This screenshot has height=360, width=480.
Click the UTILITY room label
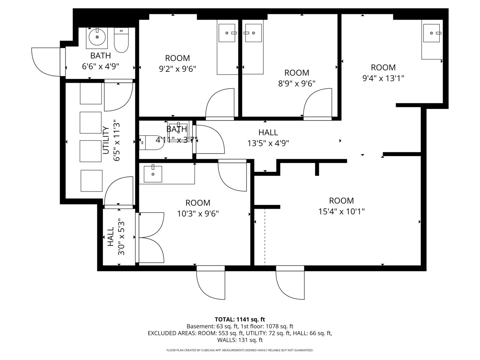click(x=106, y=140)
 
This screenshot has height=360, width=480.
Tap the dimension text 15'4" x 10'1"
click(x=341, y=212)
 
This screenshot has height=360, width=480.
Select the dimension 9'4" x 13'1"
click(x=383, y=78)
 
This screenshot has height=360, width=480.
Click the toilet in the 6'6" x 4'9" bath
click(x=121, y=40)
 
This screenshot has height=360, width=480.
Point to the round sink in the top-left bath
click(x=97, y=37)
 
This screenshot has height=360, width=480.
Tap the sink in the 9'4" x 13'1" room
click(x=431, y=33)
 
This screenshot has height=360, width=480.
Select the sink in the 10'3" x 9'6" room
click(x=153, y=174)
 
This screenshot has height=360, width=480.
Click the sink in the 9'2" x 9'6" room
click(x=227, y=33)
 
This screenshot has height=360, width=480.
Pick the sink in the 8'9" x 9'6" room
click(x=253, y=33)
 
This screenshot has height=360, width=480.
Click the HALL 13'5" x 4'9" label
click(x=268, y=138)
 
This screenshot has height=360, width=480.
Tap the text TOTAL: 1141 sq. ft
click(x=240, y=320)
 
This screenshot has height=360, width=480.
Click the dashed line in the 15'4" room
click(x=265, y=237)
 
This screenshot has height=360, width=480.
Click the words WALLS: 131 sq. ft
click(x=240, y=340)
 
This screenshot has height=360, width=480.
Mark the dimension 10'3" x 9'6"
click(x=198, y=214)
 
